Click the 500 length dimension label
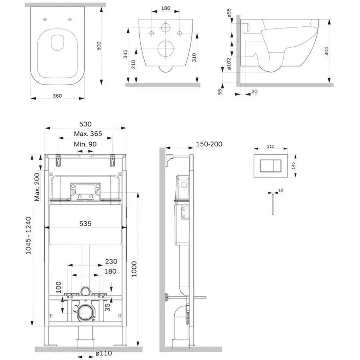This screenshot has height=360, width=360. pyautogui.click(x=99, y=46)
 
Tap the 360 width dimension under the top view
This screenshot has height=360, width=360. pyautogui.click(x=57, y=96)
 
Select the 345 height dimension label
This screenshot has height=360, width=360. pyautogui.click(x=125, y=54)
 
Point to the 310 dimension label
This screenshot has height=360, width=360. pyautogui.click(x=194, y=58)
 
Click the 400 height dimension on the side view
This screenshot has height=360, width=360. pyautogui.click(x=327, y=51)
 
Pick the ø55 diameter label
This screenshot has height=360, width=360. pyautogui.click(x=229, y=13)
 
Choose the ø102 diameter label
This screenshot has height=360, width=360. pyautogui.click(x=229, y=64)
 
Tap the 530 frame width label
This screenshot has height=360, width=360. pyautogui.click(x=85, y=124)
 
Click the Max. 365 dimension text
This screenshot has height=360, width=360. pyautogui.click(x=88, y=134)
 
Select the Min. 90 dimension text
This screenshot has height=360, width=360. pyautogui.click(x=85, y=144)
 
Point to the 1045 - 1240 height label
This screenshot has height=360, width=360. pyautogui.click(x=28, y=235)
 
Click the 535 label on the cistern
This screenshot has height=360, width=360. pyautogui.click(x=85, y=224)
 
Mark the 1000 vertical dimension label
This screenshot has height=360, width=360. pyautogui.click(x=134, y=269)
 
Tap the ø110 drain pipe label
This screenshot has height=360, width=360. pyautogui.click(x=104, y=353)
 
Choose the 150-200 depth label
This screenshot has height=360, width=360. pyautogui.click(x=209, y=144)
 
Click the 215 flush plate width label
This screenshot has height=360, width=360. pyautogui.click(x=271, y=146)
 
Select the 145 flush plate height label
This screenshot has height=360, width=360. pyautogui.click(x=293, y=166)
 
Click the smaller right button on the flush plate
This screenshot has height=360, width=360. pyautogui.click(x=277, y=166)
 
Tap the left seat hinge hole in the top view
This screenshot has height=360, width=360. pyautogui.click(x=45, y=19)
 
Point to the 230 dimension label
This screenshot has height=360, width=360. pyautogui.click(x=111, y=261)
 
